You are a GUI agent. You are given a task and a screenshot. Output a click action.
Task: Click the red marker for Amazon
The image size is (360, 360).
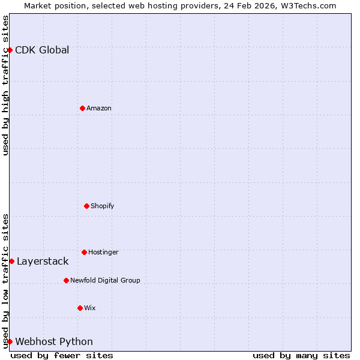tap(83, 108)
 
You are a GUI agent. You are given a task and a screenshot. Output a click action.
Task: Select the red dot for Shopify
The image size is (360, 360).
tap(86, 206)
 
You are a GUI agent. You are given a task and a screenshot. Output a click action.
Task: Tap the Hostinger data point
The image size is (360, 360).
tap(84, 252)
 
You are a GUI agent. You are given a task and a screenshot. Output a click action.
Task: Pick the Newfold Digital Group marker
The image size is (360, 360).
tap(66, 280)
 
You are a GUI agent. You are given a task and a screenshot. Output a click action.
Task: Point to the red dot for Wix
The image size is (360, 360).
tap(80, 308)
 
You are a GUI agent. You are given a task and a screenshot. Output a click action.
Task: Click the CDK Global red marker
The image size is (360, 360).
tap(10, 50)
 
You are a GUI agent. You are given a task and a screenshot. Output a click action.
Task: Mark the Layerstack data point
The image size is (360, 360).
tap(12, 261)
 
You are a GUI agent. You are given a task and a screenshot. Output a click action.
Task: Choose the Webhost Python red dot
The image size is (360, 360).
tap(10, 341)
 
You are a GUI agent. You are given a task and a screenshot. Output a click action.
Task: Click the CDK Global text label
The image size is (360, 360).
tap(42, 50)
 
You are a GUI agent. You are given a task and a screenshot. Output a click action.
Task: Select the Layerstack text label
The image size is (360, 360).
tap(43, 261)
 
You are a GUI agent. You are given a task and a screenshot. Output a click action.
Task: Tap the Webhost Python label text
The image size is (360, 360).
tap(54, 341)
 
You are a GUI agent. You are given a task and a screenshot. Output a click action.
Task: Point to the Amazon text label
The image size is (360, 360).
tap(99, 108)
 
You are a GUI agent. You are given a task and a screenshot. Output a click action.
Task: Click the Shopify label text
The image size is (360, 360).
tap(103, 206)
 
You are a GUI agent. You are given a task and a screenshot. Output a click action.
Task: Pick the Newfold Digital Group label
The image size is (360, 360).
tap(105, 280)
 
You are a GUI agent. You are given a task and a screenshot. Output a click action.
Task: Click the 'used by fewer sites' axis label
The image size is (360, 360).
tap(62, 355)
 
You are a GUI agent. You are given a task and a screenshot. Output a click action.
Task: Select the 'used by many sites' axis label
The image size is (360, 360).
tap(301, 355)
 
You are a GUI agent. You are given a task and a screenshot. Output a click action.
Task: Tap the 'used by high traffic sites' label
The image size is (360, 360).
tap(5, 85)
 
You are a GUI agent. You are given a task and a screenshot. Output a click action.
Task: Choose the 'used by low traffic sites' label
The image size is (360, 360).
tap(5, 281)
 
